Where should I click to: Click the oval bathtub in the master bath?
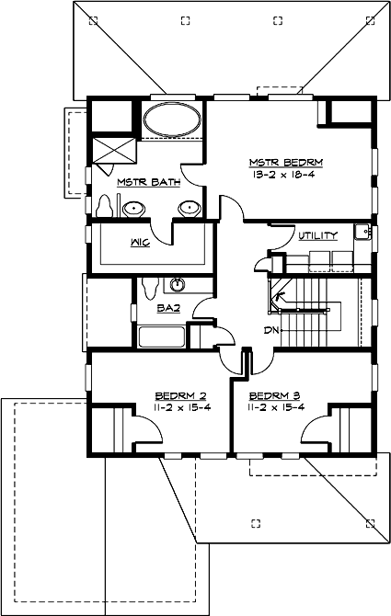[x=172, y=120]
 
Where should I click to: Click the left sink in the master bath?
[x=133, y=207]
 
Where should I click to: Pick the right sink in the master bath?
[x=190, y=207]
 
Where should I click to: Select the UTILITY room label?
[x=317, y=235]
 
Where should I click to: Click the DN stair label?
[x=271, y=328]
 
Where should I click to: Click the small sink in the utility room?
[x=362, y=232]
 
